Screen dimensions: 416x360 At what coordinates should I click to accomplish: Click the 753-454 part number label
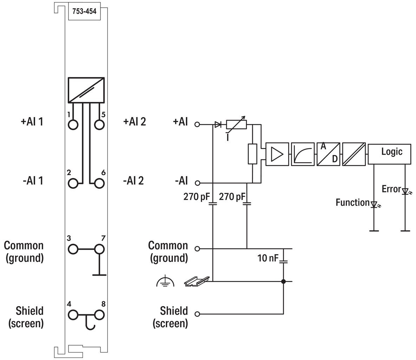[x=84, y=11]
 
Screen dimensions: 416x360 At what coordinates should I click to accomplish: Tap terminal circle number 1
[x=73, y=124]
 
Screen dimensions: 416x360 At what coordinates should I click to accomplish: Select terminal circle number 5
[x=99, y=124]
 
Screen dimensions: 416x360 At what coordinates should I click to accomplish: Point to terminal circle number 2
[x=73, y=183]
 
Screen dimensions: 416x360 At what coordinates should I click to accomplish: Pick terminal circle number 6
[x=99, y=183]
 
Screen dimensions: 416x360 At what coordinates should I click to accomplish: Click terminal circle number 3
[x=73, y=249]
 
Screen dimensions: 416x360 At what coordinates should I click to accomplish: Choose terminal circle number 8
[x=99, y=315]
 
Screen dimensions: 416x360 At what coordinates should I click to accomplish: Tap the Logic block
[x=389, y=154]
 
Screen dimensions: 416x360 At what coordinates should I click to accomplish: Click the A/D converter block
[x=328, y=154]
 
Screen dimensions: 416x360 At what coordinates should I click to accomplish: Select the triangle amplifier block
[x=277, y=154]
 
